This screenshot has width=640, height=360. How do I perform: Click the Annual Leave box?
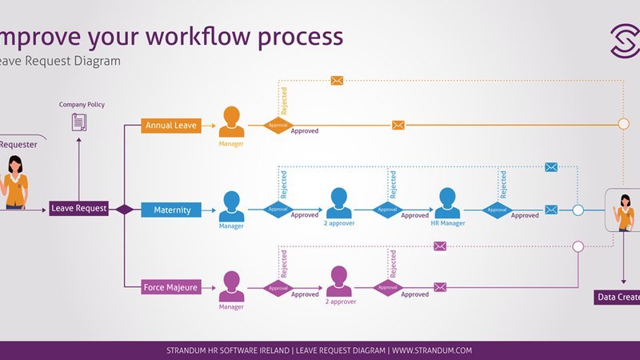(170, 126)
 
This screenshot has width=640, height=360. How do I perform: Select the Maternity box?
(172, 210)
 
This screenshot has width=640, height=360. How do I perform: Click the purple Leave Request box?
(79, 209)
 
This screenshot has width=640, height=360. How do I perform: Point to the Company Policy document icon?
(79, 122)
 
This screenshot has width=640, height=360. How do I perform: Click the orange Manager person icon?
(232, 122)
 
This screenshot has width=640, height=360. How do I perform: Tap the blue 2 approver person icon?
(338, 203)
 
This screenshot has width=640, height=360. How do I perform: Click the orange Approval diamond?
(278, 126)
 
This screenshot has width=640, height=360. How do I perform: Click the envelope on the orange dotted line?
(337, 80)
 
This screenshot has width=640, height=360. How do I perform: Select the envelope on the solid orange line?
(398, 125)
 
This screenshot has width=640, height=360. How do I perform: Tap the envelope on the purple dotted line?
(439, 246)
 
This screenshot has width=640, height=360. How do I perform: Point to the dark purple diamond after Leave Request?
(125, 210)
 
